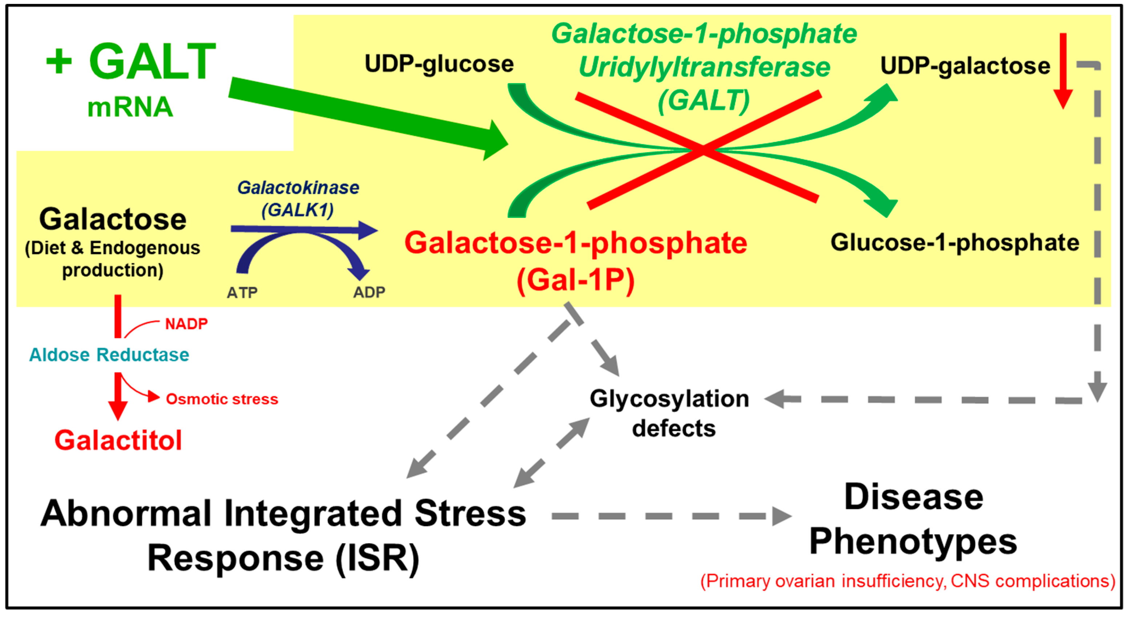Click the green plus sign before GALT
pos(59,61)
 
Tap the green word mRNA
pos(130,107)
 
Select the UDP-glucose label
pos(439,64)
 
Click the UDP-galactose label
pos(965,66)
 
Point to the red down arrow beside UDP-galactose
pos(1063,70)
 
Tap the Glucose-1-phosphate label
pos(954,242)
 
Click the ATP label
pos(242,292)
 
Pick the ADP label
pos(369,292)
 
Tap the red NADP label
pos(186,324)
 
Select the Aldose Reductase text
pos(109,355)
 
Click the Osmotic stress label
pos(222,399)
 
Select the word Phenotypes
pos(913,542)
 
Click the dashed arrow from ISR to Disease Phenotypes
pos(667,516)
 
